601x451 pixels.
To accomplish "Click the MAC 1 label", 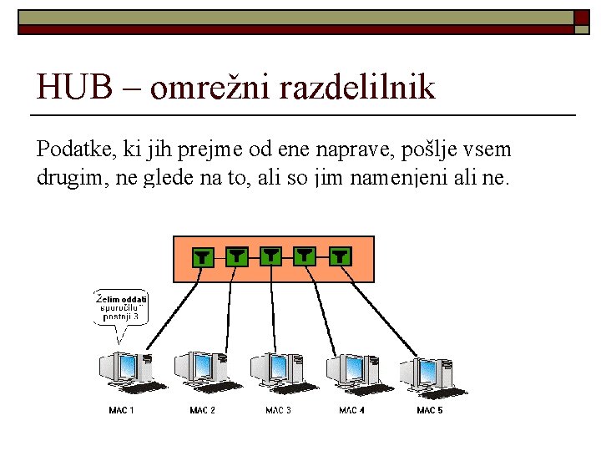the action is [x=121, y=410].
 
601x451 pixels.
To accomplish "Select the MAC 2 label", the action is [x=202, y=410].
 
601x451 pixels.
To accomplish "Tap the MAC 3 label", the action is [x=278, y=410].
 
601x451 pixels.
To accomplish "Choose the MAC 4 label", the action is [x=351, y=410].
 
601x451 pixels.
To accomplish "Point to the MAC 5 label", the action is [x=429, y=410].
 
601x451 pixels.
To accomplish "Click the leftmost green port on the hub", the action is [x=202, y=256].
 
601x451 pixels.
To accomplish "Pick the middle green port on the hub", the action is [x=271, y=256].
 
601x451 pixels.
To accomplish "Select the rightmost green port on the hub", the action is [x=340, y=256].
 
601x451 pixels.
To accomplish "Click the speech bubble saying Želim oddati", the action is [x=121, y=308].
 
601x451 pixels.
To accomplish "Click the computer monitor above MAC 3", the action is [x=275, y=368].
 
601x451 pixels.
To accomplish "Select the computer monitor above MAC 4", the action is [x=350, y=368].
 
